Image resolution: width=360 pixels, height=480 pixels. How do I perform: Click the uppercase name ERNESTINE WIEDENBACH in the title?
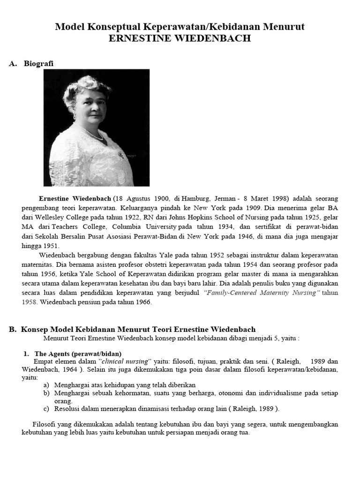[x=180, y=38]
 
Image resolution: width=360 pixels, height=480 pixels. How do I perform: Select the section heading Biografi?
[x=38, y=64]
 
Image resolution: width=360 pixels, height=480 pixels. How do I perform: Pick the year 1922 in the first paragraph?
[x=130, y=217]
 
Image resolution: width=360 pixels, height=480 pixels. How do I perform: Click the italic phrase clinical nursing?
[x=125, y=361]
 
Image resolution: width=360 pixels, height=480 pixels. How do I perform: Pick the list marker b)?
[x=46, y=392]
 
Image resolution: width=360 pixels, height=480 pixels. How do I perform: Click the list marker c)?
[x=46, y=408]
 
